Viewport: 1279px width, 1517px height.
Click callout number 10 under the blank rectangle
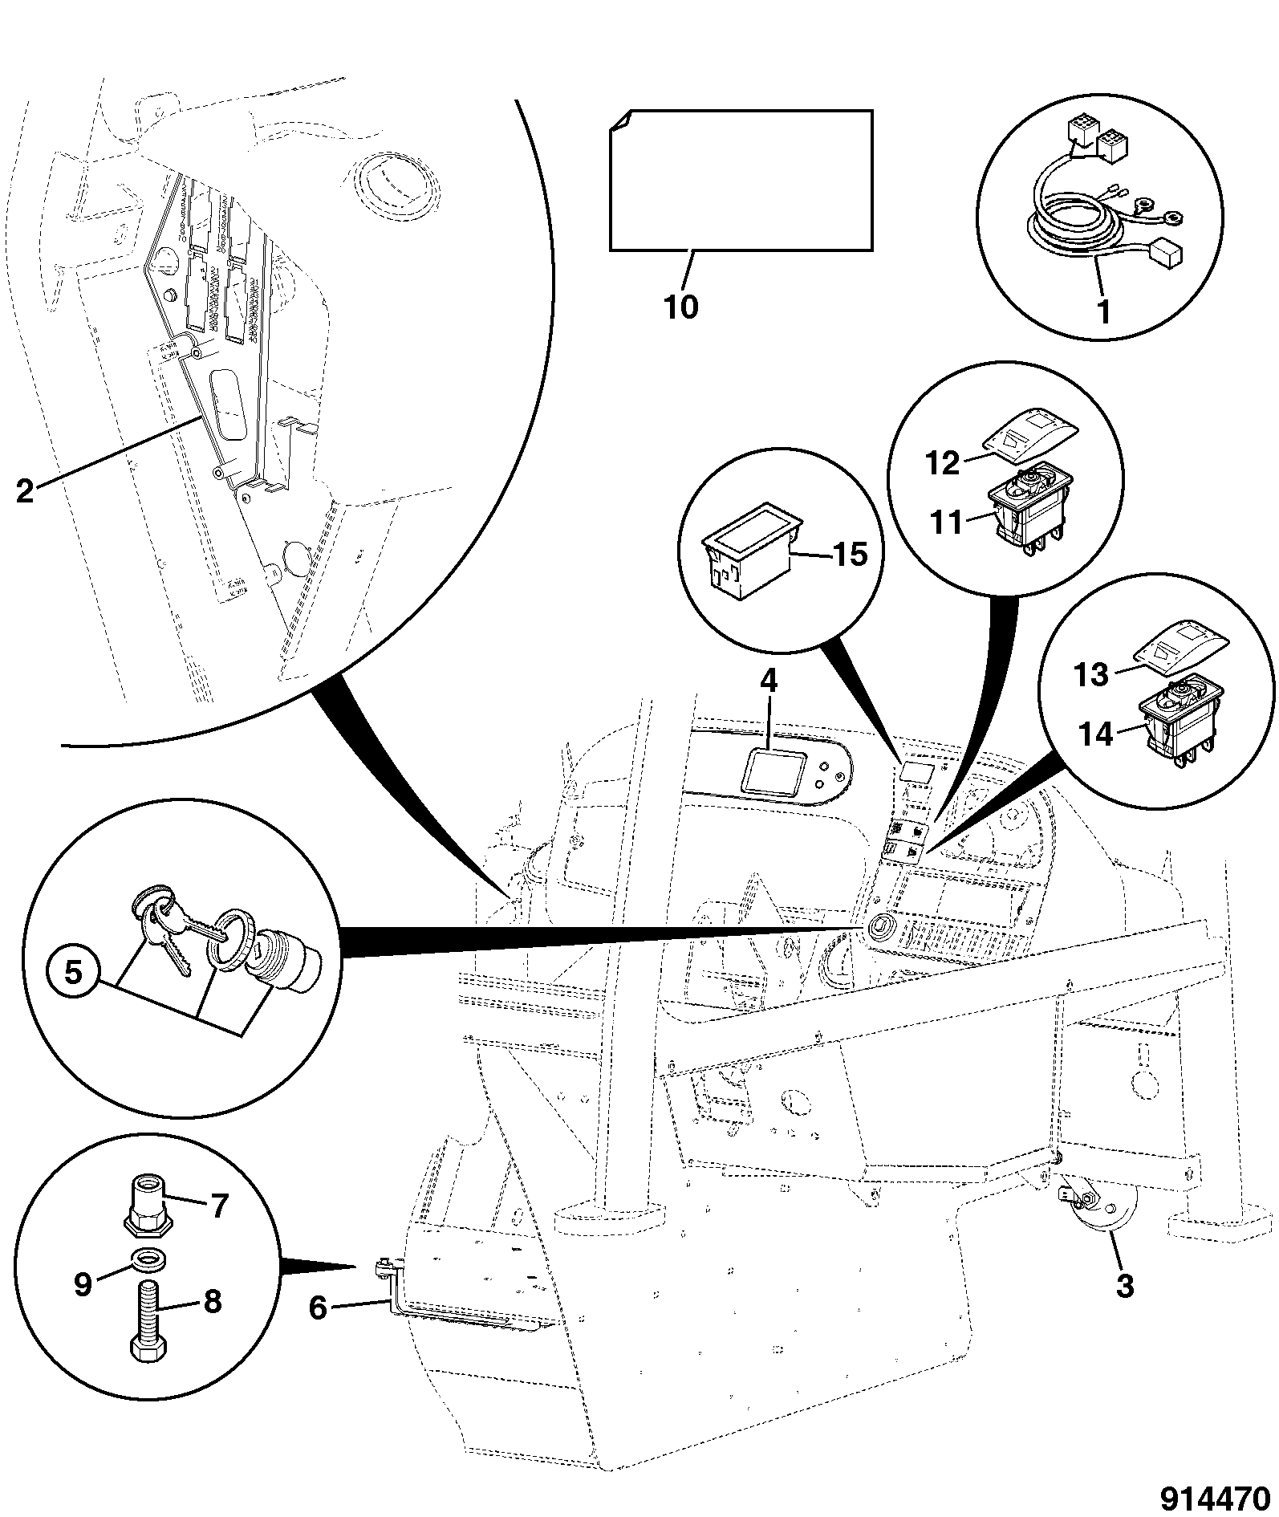pyautogui.click(x=681, y=307)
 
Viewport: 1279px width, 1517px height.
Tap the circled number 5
pyautogui.click(x=72, y=974)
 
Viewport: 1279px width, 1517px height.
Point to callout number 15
pyautogui.click(x=851, y=554)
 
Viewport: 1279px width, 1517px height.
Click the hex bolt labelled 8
pyautogui.click(x=145, y=1321)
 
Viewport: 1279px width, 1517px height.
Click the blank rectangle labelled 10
pyautogui.click(x=741, y=180)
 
